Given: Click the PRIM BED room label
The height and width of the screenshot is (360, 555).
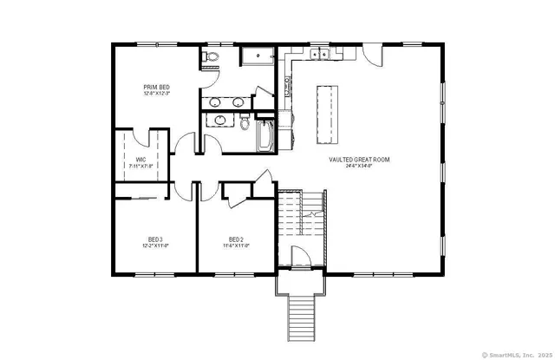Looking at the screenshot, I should pos(156,87).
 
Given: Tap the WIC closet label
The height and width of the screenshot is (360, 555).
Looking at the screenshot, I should pos(140,159).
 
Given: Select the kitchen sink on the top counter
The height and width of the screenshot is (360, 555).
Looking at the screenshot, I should pos(318,55).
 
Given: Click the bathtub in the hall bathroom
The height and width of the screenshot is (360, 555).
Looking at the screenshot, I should pos(264,136).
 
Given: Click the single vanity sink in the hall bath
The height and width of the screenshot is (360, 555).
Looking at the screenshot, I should pos(216,121).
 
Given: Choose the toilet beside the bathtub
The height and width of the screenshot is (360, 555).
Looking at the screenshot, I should pos(243,121).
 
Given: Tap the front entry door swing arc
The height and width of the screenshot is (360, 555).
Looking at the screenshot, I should pos(298,258).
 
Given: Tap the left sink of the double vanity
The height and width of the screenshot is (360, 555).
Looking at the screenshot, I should pos(217,101).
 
